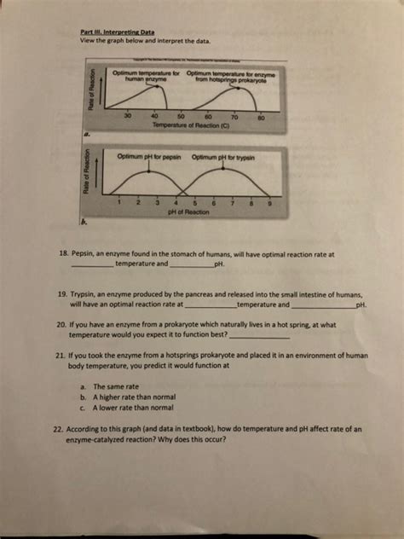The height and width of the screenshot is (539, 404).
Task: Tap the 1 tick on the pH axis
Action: tap(122, 201)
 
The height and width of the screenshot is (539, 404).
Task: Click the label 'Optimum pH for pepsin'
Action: tap(147, 157)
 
